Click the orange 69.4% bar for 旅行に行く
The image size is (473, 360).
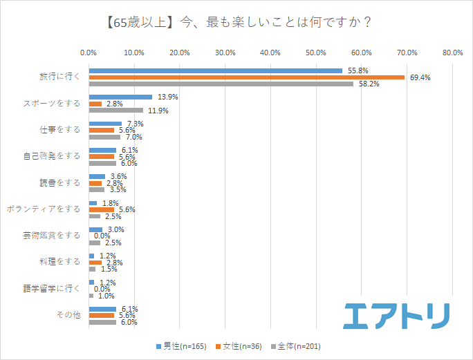tap(246, 77)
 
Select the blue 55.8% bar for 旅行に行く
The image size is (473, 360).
tap(215, 70)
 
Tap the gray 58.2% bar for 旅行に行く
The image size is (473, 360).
tap(221, 84)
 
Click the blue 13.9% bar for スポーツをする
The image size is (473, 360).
tap(120, 97)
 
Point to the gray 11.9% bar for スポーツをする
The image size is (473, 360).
tap(115, 110)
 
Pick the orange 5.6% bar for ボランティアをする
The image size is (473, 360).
tap(101, 209)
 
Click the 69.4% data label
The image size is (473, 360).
tap(420, 77)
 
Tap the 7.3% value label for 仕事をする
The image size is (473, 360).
tap(135, 124)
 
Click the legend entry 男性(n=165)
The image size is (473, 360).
tap(180, 346)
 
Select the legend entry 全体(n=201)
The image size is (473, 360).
tap(295, 346)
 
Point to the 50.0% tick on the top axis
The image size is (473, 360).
tap(316, 52)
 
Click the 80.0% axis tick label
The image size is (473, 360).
tap(452, 52)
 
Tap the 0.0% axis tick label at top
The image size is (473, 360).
tap(89, 52)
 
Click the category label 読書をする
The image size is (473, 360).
tap(60, 182)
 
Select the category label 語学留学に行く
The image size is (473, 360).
tap(51, 288)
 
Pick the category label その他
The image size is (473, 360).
tap(68, 315)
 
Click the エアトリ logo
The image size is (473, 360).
tap(396, 315)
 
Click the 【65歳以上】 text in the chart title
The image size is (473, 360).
tap(130, 21)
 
